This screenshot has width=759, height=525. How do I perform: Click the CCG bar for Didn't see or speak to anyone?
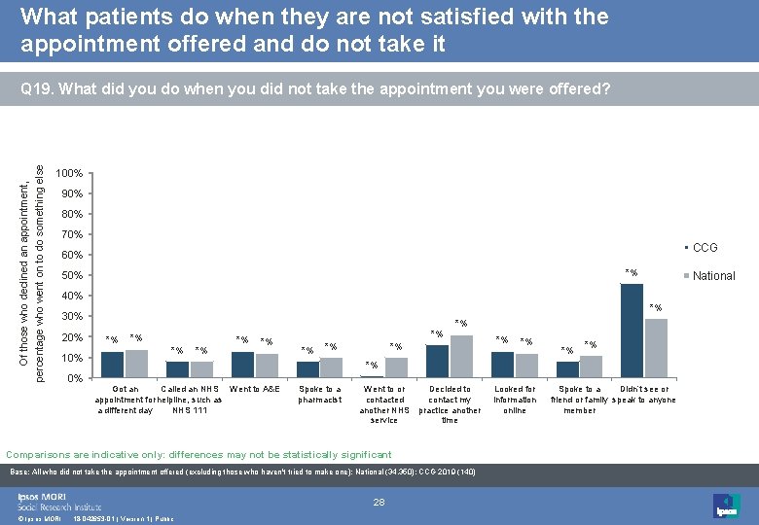632,331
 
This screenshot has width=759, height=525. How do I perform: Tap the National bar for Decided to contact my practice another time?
461,357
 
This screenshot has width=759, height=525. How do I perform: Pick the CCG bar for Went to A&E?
241,365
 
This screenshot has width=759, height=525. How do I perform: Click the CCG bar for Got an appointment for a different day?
112,365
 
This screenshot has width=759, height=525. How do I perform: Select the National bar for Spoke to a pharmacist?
331,367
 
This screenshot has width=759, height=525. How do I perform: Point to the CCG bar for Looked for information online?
502,365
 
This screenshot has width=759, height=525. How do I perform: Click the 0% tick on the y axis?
74,378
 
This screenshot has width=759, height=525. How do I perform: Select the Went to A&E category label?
254,390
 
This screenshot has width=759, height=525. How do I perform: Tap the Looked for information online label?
515,400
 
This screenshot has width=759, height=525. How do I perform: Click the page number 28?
379,502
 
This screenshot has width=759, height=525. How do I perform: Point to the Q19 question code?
38,89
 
